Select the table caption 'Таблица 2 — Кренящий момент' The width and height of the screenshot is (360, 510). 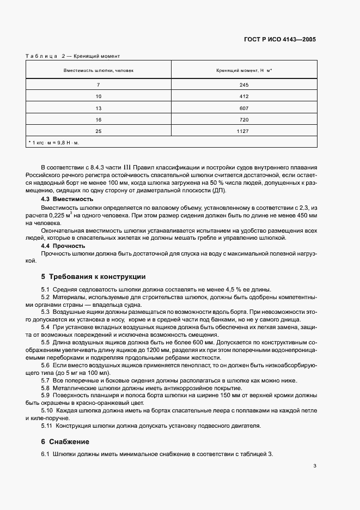[x=72, y=56]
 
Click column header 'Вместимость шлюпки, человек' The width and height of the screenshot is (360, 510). [x=99, y=71]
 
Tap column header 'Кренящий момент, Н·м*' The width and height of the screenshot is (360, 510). [x=244, y=71]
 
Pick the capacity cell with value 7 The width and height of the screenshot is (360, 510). [x=99, y=86]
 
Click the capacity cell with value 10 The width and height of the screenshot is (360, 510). [x=99, y=97]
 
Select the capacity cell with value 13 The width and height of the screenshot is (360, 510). [x=99, y=108]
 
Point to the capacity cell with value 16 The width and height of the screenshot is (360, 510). [x=99, y=119]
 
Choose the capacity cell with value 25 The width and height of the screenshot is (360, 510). [x=99, y=131]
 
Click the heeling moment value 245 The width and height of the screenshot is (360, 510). [x=244, y=86]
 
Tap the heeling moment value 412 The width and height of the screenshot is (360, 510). [x=244, y=97]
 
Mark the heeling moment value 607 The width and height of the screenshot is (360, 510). [x=244, y=108]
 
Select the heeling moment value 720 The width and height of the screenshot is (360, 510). [x=244, y=119]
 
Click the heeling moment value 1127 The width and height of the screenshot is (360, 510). [x=244, y=131]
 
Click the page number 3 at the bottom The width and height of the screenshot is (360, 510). [x=315, y=466]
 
